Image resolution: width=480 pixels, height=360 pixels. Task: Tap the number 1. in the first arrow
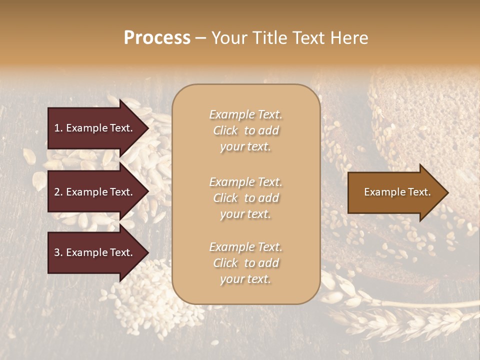(x=58, y=128)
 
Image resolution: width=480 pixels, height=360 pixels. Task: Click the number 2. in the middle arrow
(x=58, y=192)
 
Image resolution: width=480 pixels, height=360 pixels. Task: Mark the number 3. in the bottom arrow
(x=58, y=252)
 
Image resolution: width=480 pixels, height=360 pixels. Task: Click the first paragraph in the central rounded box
(x=245, y=130)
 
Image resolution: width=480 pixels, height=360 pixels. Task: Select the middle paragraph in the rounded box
(x=245, y=197)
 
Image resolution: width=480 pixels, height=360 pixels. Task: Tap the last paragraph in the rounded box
(x=245, y=263)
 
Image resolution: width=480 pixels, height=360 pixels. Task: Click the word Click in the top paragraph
(x=225, y=131)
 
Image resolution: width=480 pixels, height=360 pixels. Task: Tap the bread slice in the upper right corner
(x=430, y=115)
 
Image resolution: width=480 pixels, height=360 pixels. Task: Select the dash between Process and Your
(x=201, y=38)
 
